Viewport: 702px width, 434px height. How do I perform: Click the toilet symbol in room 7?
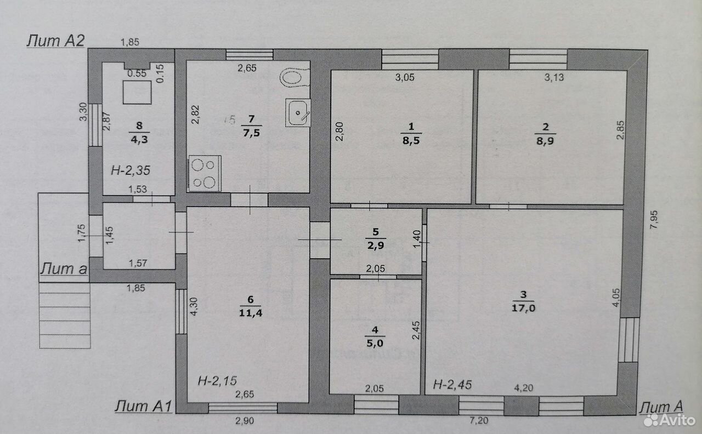(x=295, y=78)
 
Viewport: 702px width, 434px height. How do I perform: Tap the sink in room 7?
(x=298, y=113)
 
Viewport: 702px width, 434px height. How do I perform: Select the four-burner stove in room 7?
(x=205, y=174)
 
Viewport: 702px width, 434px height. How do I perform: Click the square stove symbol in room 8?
(x=137, y=92)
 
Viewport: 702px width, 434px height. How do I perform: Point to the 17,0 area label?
(x=523, y=309)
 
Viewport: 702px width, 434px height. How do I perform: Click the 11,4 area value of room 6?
(x=251, y=313)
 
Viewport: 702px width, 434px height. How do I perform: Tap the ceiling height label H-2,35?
(x=131, y=170)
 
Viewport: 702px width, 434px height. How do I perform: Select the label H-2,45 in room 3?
(x=452, y=385)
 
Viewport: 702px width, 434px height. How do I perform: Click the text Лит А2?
(x=56, y=41)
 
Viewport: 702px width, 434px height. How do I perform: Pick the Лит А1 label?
(x=143, y=406)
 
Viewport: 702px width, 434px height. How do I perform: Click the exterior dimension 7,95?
(x=654, y=220)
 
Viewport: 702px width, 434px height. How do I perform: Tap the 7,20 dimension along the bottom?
(x=479, y=420)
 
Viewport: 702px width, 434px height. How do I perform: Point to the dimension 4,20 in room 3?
(x=523, y=389)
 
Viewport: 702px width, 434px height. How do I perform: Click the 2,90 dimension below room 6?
(x=245, y=421)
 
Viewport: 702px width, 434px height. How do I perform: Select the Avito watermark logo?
(x=670, y=420)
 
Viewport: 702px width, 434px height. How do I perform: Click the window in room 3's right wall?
(x=629, y=340)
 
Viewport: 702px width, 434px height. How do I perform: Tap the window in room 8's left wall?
(x=95, y=125)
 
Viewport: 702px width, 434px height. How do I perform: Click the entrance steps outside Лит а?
(x=65, y=316)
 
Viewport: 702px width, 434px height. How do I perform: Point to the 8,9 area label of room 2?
(x=545, y=141)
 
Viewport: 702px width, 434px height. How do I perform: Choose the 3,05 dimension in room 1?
(x=405, y=77)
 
